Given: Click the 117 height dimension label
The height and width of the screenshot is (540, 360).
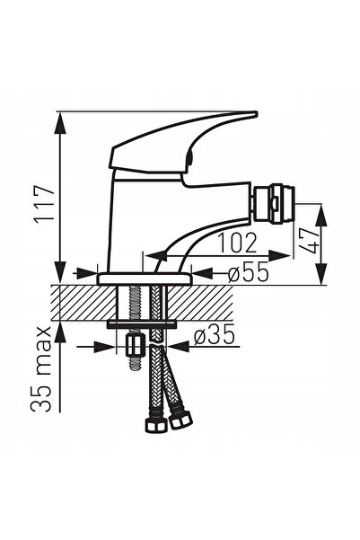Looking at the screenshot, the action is click(x=45, y=204).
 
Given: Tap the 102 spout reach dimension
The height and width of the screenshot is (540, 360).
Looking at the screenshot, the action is click(x=238, y=243).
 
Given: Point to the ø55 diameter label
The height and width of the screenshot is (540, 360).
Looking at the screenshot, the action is click(x=248, y=271).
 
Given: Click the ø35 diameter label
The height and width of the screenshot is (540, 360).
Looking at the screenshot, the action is click(x=214, y=335).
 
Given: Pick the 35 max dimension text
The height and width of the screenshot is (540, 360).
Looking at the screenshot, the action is click(x=41, y=369).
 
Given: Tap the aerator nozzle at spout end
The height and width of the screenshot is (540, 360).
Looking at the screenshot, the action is click(x=274, y=205).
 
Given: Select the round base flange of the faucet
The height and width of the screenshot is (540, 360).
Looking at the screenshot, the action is click(x=145, y=279).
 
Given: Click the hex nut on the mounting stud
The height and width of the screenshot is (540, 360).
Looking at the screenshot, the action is click(x=135, y=347).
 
